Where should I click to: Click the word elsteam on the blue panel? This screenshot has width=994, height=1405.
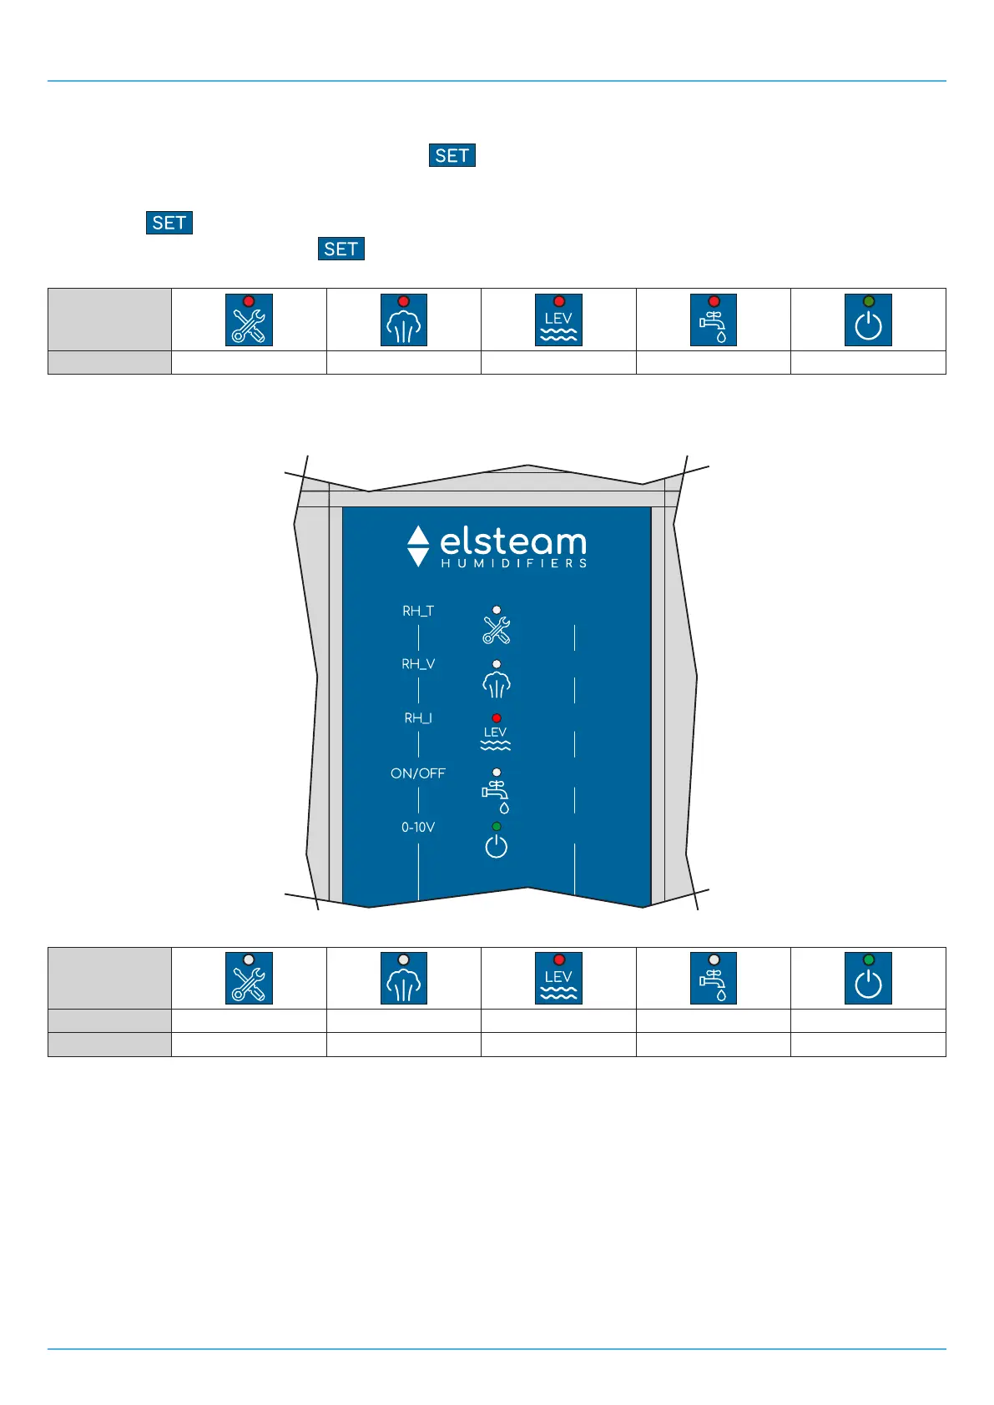tap(512, 542)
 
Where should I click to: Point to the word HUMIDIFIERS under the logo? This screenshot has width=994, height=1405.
tap(513, 564)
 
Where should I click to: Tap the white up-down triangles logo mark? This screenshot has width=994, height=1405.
tap(418, 546)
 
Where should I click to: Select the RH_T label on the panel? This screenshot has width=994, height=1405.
tap(418, 612)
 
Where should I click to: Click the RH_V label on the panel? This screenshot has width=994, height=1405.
tap(418, 665)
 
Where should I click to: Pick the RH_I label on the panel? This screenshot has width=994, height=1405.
tap(418, 718)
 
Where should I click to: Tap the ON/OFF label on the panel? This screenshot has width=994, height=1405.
tap(418, 773)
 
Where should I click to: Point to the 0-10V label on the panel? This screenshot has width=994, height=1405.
tap(418, 828)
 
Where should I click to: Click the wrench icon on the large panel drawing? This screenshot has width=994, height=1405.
tap(497, 630)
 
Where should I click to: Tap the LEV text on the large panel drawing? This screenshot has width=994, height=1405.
tap(496, 732)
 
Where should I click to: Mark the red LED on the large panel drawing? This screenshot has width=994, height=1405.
tap(497, 718)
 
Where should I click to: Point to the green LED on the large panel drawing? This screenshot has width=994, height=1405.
tap(497, 827)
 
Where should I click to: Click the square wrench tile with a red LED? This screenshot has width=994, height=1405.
tap(249, 320)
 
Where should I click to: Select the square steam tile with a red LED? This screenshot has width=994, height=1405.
tap(404, 320)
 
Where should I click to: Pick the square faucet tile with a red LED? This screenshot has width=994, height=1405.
tap(714, 320)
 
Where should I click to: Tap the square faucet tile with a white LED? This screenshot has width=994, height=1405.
tap(714, 978)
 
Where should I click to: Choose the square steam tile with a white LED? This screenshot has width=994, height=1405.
tap(404, 978)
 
